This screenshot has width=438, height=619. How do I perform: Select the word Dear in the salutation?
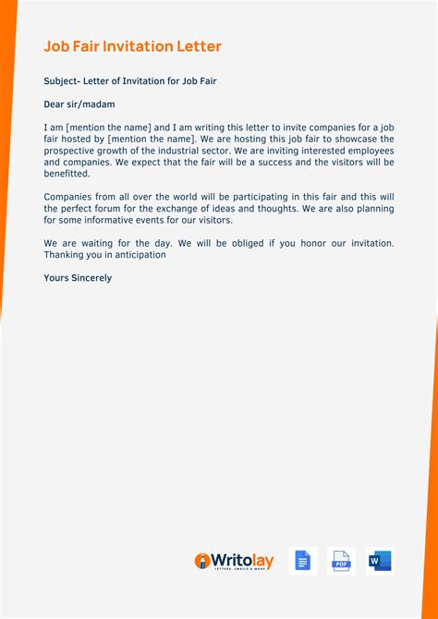(56, 104)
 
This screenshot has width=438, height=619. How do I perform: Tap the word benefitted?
(67, 174)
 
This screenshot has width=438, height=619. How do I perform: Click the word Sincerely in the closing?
(91, 278)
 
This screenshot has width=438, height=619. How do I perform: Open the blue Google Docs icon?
(301, 561)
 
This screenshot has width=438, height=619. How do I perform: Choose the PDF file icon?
(341, 561)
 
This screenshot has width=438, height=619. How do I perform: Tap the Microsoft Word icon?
(380, 561)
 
